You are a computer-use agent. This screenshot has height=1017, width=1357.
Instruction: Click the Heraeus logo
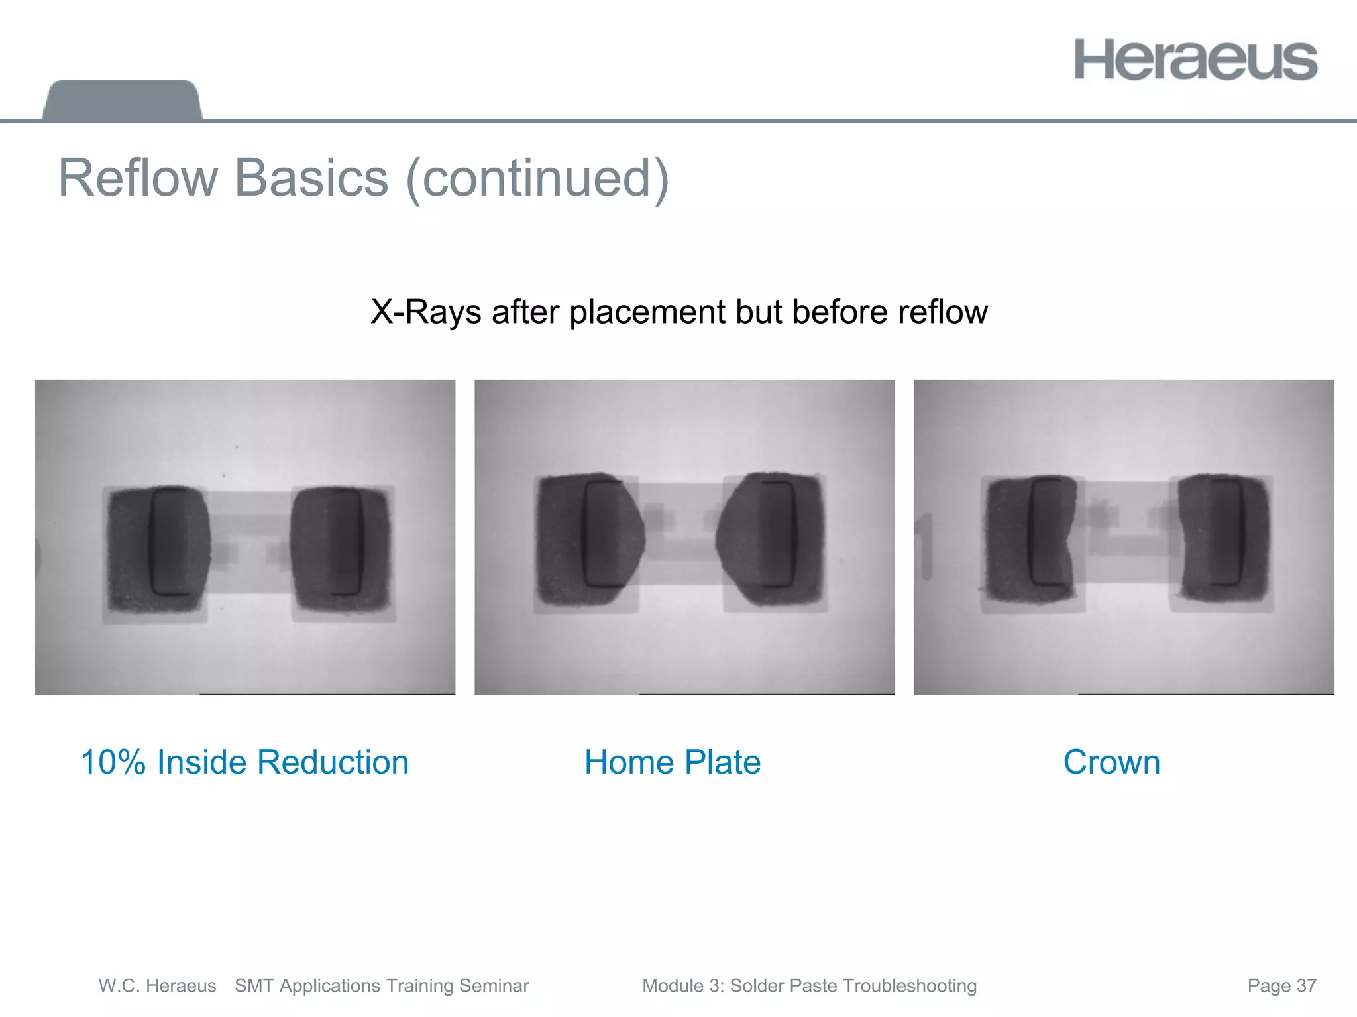[x=1195, y=60]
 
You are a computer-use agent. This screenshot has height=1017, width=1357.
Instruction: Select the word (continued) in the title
[x=537, y=179]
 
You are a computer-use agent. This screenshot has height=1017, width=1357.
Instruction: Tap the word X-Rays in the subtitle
[x=425, y=312]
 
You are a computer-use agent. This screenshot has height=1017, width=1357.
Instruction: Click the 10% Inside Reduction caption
[x=244, y=762]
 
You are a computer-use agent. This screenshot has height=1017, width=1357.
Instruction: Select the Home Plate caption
[x=672, y=762]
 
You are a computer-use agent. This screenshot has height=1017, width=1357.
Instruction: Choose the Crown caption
[x=1111, y=762]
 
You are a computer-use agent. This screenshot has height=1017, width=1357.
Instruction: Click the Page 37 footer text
[x=1281, y=986]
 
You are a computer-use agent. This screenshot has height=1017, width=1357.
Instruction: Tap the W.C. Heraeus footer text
[x=157, y=986]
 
